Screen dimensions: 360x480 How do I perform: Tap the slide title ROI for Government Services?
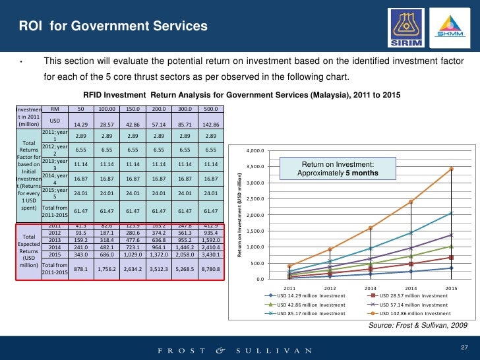(x=113, y=26)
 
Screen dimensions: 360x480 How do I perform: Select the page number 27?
(x=462, y=347)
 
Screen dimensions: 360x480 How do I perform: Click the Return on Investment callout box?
(x=338, y=168)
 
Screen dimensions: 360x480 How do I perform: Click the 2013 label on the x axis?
(x=371, y=289)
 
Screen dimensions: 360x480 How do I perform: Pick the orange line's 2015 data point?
(x=452, y=169)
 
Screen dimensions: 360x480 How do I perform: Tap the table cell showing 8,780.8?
(x=211, y=269)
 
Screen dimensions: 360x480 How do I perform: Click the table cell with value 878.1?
(x=80, y=269)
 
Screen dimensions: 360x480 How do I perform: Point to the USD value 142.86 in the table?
(x=211, y=124)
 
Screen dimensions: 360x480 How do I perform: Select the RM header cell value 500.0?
(x=211, y=109)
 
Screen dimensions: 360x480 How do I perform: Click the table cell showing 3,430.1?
(x=211, y=255)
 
